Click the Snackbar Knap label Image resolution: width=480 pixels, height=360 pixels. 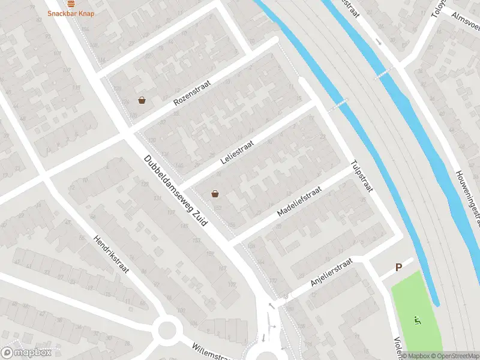point(71,13)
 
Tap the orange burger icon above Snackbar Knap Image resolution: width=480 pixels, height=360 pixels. point(71,2)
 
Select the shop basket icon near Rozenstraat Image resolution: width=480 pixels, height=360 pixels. point(142,100)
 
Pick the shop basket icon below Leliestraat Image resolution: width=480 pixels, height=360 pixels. point(215,194)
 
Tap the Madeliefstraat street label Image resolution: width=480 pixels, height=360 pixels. point(299,201)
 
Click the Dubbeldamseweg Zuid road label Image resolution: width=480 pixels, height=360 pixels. point(176,191)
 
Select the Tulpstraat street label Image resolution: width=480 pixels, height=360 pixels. point(362,176)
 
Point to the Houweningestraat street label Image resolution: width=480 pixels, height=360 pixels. point(467,189)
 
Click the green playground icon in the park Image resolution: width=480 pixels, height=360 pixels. point(416,320)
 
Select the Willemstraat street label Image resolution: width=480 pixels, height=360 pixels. point(211,352)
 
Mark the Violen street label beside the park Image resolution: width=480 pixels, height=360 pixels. point(397,345)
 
